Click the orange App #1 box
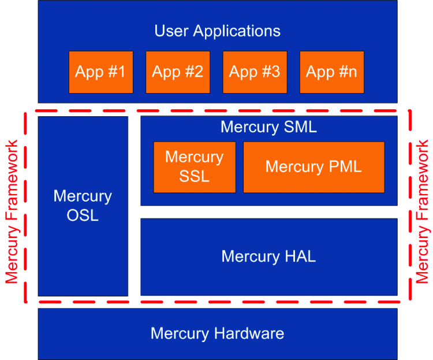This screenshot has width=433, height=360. [x=101, y=72]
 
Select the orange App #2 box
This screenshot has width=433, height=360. [x=178, y=72]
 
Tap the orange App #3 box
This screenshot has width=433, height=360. [x=255, y=72]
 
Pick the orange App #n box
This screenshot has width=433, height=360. [x=332, y=72]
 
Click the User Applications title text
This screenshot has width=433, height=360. [x=217, y=31]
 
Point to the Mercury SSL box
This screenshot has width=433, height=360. [x=195, y=166]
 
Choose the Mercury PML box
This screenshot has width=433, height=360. [x=313, y=166]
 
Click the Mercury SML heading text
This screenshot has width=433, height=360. [x=268, y=127]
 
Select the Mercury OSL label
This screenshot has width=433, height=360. [x=83, y=205]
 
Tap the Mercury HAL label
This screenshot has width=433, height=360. [x=268, y=256]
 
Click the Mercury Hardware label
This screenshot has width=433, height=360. [x=217, y=333]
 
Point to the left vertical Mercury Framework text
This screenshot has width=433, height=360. [x=12, y=211]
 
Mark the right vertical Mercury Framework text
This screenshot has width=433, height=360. [x=423, y=211]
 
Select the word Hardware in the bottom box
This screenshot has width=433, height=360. [x=249, y=333]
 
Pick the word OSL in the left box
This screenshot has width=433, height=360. [x=83, y=215]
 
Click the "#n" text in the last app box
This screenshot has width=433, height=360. [x=345, y=72]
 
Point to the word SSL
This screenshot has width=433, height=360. [x=195, y=176]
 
